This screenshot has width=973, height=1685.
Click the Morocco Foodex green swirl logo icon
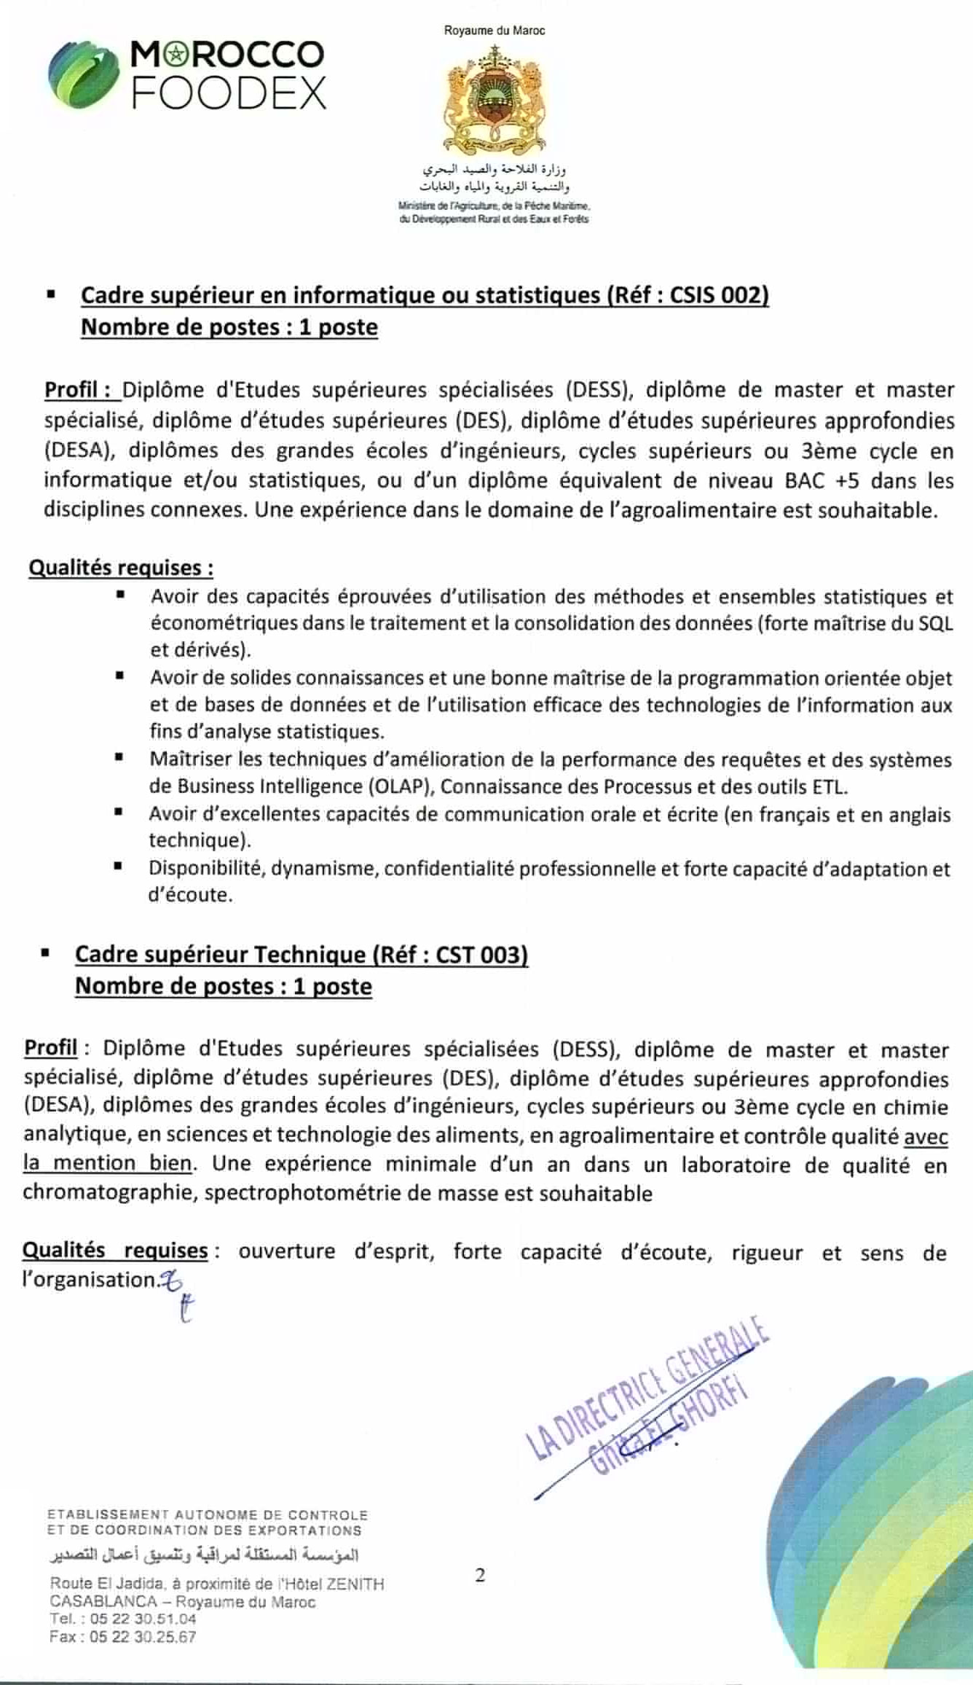click(83, 74)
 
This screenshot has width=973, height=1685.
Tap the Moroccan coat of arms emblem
click(495, 98)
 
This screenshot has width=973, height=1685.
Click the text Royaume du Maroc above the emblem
click(495, 31)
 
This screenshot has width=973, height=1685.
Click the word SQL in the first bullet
click(936, 624)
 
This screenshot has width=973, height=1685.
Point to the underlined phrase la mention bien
click(107, 1163)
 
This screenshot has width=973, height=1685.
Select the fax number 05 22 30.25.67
click(143, 1637)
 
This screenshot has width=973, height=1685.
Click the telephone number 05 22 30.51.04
click(143, 1619)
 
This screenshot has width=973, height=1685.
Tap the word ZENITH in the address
click(355, 1584)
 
